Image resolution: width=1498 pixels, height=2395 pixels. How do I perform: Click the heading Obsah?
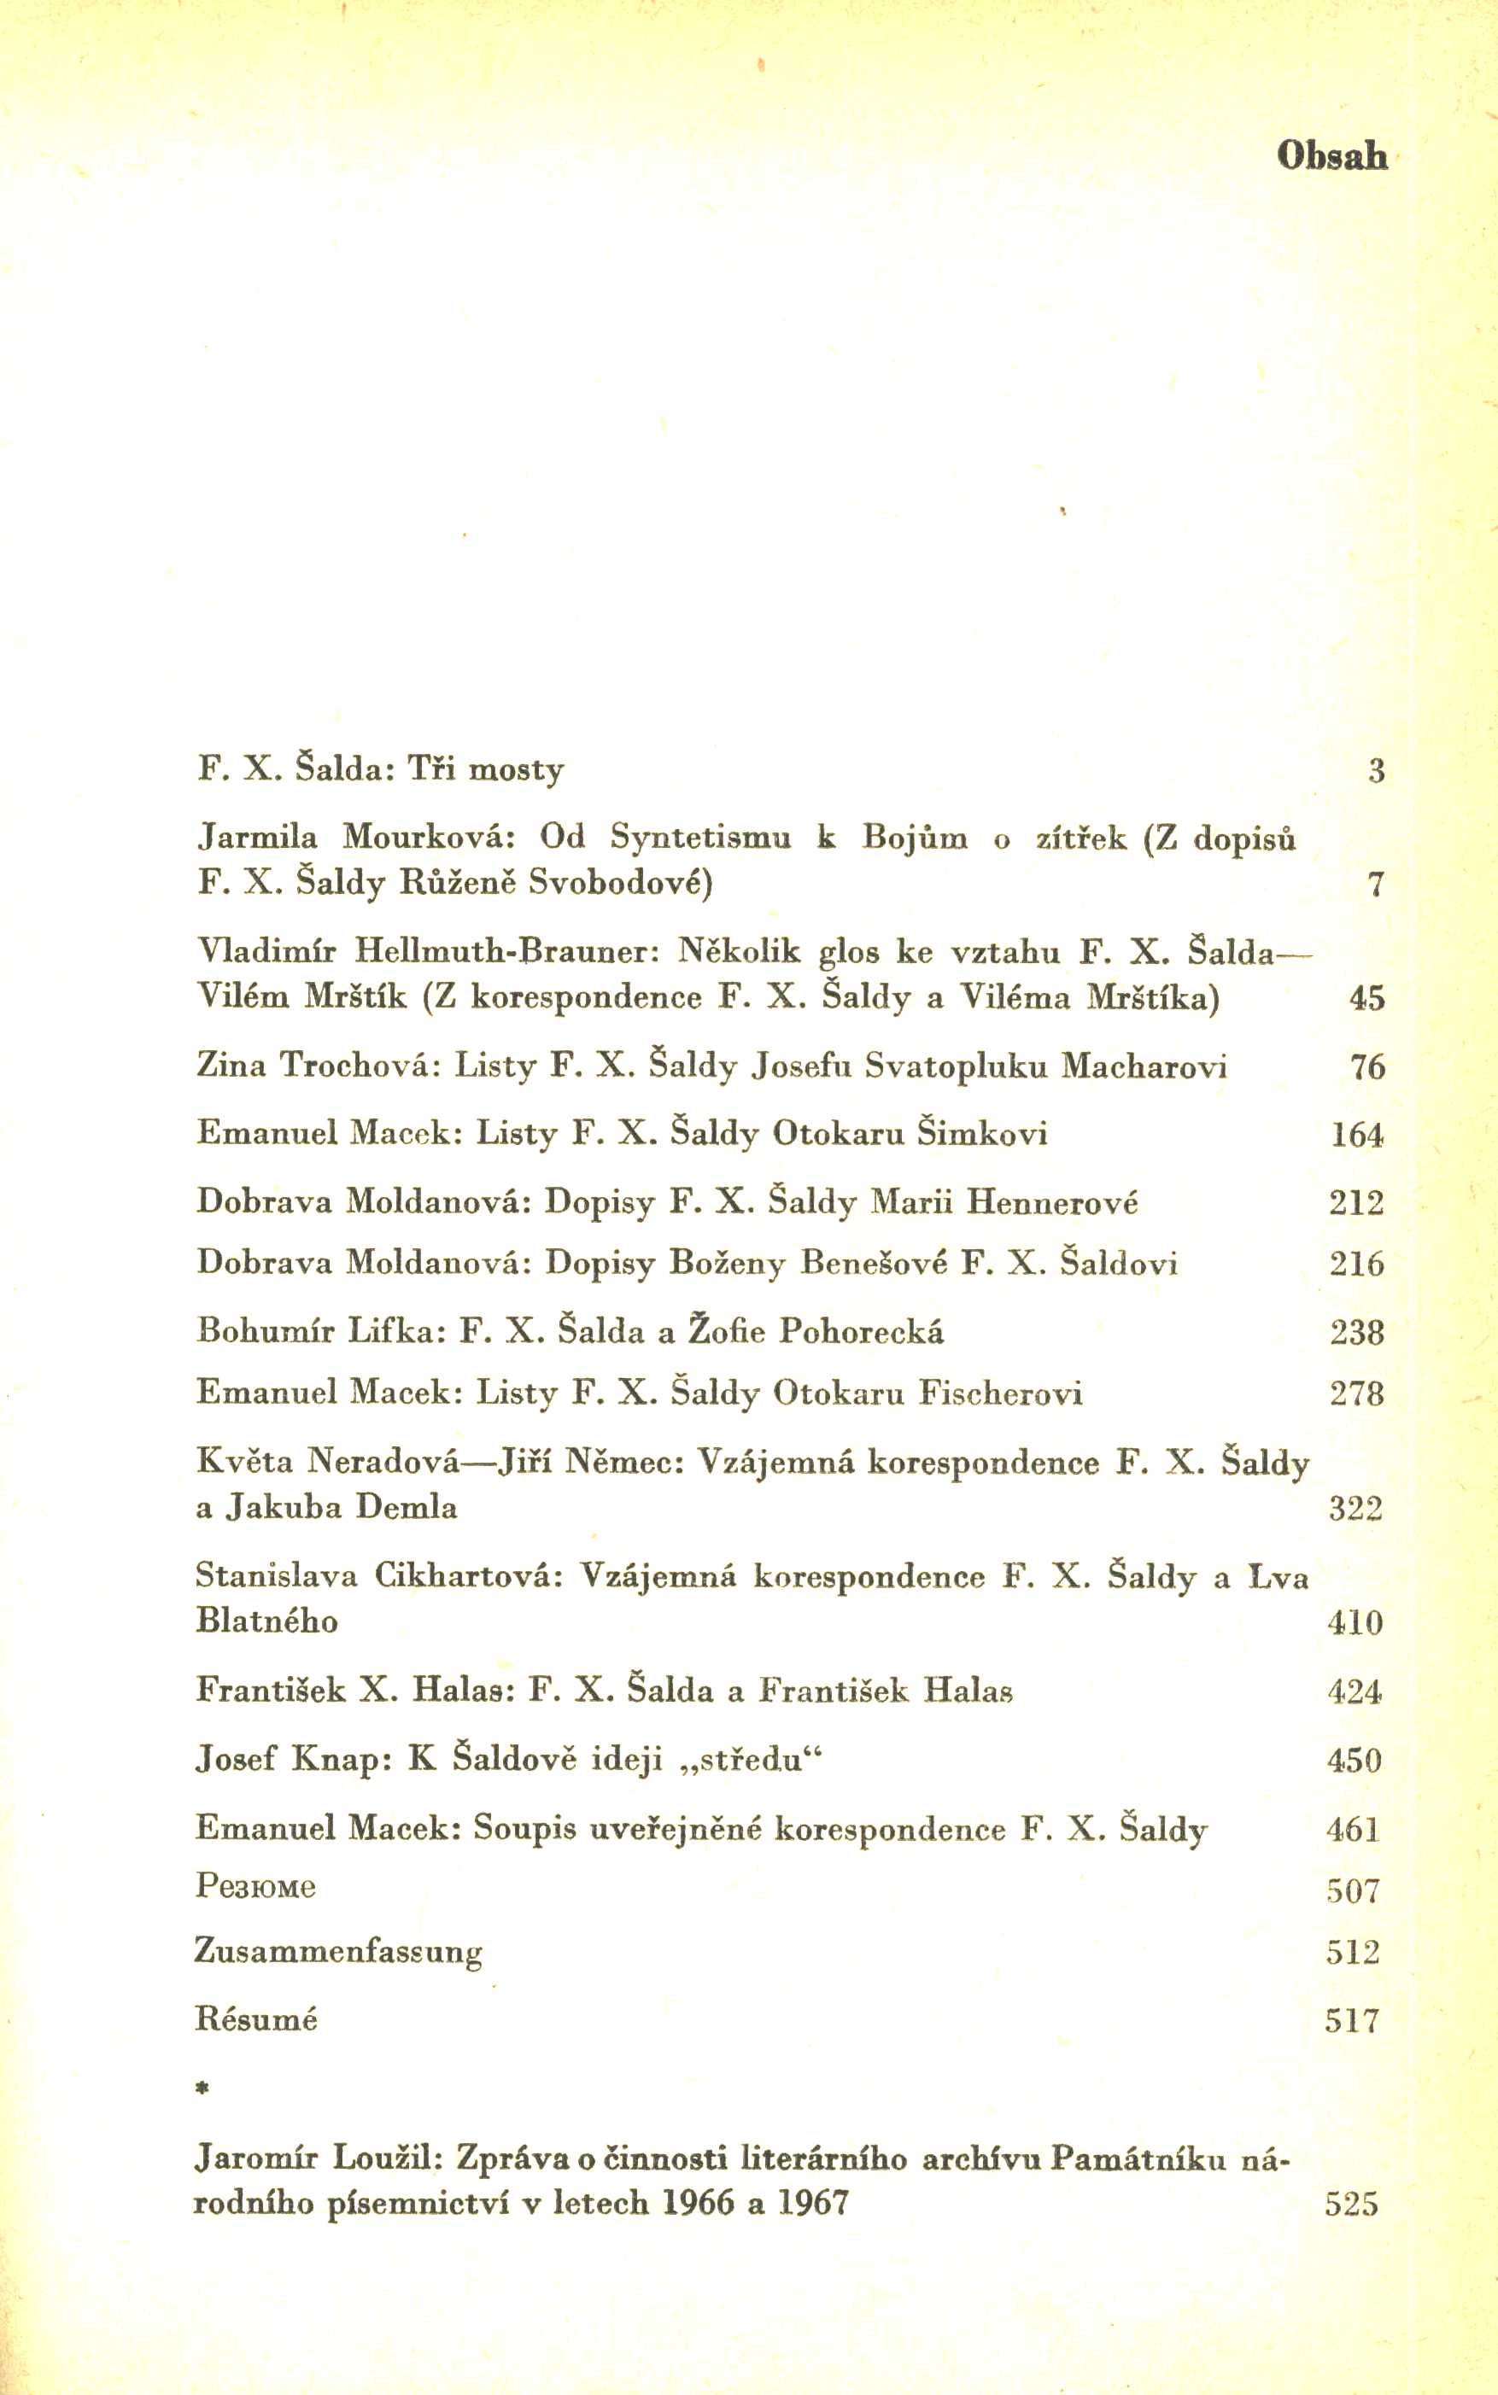[1331, 155]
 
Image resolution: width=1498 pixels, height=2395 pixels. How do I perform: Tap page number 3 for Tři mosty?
[1376, 771]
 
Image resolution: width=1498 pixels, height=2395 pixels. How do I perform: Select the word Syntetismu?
[700, 839]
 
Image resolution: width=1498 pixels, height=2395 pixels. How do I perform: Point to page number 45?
[1366, 998]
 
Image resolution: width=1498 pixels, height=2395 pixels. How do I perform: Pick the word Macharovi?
[1144, 1066]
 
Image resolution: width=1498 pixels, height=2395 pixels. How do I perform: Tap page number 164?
[1356, 1134]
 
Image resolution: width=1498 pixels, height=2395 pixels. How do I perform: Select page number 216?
[1356, 1264]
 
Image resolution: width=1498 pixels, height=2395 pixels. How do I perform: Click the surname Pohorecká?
[861, 1331]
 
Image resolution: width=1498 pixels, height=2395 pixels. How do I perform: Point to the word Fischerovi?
[1001, 1393]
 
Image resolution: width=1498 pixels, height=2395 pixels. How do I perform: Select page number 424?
[1355, 1691]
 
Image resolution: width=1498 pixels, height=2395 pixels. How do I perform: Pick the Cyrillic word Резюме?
[255, 1887]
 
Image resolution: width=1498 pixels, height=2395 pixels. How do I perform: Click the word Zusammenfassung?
[339, 1951]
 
